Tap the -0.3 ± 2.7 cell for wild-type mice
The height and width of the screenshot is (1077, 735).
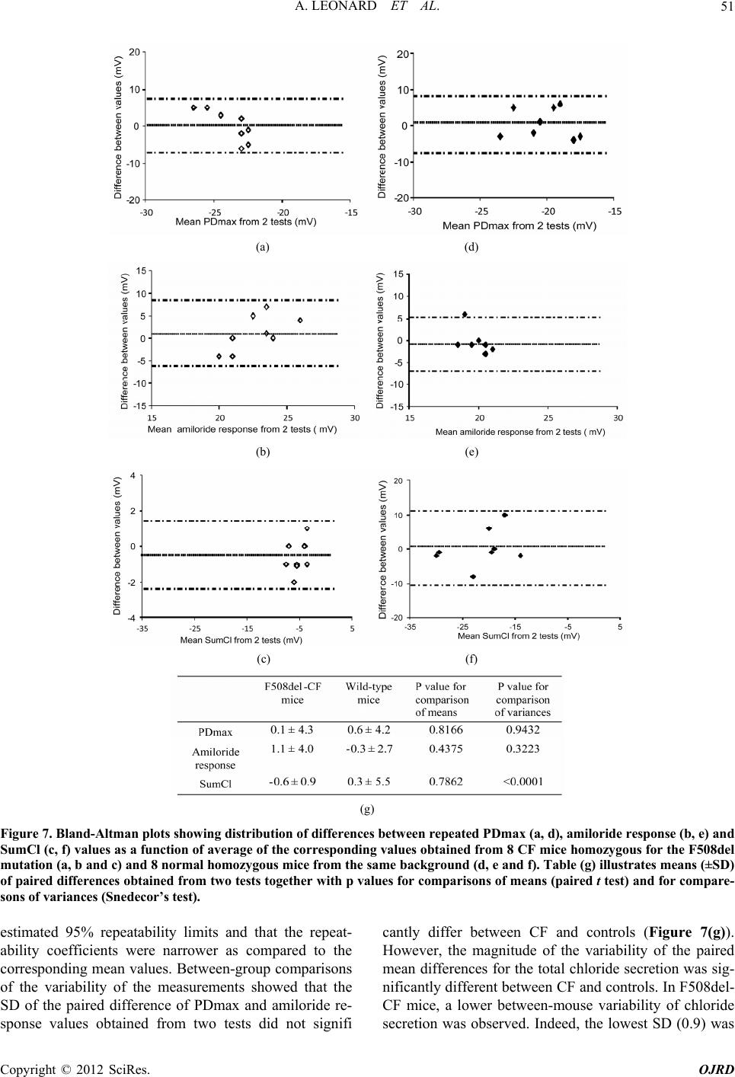point(368,748)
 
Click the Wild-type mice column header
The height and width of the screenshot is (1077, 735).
point(368,692)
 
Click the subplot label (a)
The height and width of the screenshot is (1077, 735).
point(262,246)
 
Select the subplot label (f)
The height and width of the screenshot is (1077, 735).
point(471,659)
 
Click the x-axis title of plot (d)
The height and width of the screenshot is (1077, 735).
point(519,225)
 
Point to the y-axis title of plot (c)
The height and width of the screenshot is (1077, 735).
point(117,545)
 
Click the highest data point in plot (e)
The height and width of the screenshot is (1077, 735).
point(465,314)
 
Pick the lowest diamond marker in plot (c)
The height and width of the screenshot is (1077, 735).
point(294,582)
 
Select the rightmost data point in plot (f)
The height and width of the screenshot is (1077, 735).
point(520,555)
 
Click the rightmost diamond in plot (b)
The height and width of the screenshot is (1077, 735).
point(300,320)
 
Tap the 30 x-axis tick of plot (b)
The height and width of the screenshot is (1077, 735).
point(355,417)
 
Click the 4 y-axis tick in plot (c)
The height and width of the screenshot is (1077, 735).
point(133,475)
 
